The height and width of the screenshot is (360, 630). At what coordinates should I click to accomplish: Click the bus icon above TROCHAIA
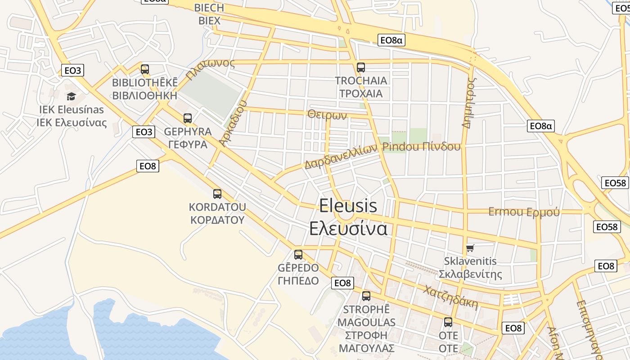click(360, 67)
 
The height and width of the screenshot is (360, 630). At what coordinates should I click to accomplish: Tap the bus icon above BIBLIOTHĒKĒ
click(144, 69)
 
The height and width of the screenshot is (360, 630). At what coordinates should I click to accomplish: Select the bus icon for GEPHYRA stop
click(187, 118)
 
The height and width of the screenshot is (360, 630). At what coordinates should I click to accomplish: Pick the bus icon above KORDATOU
click(217, 194)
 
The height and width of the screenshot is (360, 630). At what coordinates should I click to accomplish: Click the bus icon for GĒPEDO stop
click(298, 255)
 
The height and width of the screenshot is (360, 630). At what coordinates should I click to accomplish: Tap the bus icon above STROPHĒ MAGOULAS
click(366, 296)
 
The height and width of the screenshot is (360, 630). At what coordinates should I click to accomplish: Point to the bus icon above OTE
click(448, 322)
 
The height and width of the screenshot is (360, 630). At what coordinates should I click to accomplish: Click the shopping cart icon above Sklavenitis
click(470, 248)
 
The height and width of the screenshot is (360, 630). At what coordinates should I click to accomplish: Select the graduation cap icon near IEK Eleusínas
click(71, 96)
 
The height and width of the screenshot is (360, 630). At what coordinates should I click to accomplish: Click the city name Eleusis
click(348, 206)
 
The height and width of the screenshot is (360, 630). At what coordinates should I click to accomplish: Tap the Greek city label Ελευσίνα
click(348, 229)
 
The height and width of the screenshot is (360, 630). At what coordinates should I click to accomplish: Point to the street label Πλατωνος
click(211, 69)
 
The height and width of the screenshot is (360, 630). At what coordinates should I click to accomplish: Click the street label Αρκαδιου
click(233, 123)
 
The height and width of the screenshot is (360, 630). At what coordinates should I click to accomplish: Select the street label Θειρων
click(327, 115)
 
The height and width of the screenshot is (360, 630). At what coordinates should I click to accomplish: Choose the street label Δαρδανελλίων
click(341, 156)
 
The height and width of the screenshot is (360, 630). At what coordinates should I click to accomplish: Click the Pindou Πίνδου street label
click(421, 147)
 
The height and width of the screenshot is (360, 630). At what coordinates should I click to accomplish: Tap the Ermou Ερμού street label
click(524, 211)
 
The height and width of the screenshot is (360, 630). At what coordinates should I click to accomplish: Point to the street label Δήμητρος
click(469, 103)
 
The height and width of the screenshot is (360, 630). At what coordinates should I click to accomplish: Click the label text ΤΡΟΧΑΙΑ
click(361, 94)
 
